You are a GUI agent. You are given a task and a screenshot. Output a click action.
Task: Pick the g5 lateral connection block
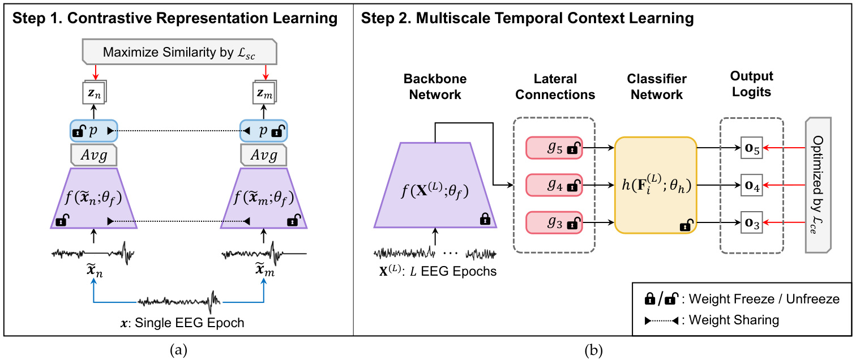tap(554, 148)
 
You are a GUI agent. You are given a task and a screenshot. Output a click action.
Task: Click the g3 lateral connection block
tap(554, 224)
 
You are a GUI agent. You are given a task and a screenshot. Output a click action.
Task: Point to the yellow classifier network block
tap(656, 185)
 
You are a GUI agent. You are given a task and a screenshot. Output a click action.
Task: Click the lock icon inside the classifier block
tap(686, 226)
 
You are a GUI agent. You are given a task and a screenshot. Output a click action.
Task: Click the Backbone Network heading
tap(435, 86)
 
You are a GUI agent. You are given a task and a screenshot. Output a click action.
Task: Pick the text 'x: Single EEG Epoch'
tap(179, 323)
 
